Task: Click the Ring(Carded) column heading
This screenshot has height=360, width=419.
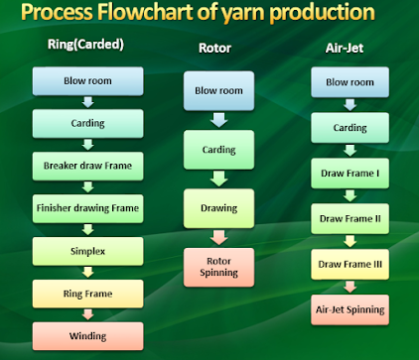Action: coord(85,46)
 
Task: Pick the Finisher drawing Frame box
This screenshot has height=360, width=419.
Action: coord(87,208)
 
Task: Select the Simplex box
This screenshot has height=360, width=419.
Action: coord(87,251)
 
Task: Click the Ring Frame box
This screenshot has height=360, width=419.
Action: coord(87,294)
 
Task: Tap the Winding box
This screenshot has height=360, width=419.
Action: coord(87,335)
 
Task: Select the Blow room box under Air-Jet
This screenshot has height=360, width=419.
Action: coord(349,83)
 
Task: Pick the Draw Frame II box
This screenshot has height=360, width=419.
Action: coord(349,219)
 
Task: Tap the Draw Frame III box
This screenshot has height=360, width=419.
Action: coord(349,264)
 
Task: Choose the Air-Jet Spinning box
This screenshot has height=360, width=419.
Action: coord(349,309)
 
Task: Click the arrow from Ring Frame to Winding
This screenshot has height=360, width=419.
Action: coord(87,314)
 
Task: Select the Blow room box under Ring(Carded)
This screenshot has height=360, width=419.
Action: coord(87,81)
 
